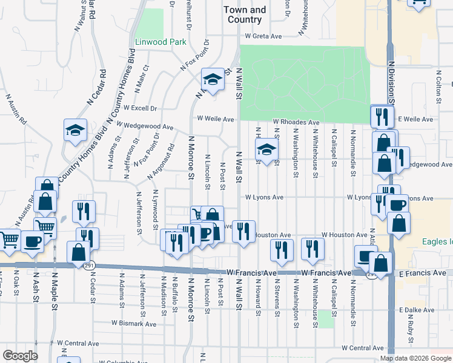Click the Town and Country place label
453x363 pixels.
click(x=245, y=15)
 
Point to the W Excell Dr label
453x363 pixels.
click(x=140, y=108)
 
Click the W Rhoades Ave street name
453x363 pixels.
click(x=296, y=122)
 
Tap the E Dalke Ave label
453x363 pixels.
click(x=417, y=310)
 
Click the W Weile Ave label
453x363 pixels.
click(x=214, y=119)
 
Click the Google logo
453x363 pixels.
click(x=20, y=356)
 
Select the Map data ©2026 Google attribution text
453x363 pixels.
click(x=415, y=358)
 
